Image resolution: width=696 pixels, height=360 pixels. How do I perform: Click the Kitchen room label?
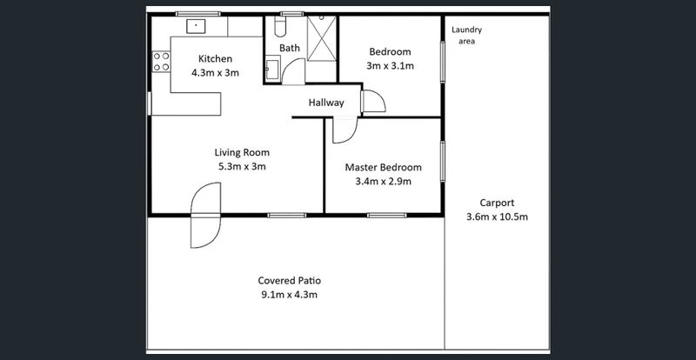(x=215, y=58)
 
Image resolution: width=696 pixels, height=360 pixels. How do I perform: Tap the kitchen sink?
(x=196, y=26)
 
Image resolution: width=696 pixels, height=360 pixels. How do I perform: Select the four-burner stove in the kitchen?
(x=161, y=62)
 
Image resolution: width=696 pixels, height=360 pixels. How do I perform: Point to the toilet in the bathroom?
(x=280, y=27)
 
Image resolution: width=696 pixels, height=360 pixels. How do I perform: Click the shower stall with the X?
(x=322, y=38)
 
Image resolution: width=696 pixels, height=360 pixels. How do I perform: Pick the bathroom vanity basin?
(x=272, y=69)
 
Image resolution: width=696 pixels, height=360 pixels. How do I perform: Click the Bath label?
(x=290, y=48)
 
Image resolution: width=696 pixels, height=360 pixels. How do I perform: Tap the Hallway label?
(x=326, y=103)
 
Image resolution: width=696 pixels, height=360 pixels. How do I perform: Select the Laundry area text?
(x=466, y=36)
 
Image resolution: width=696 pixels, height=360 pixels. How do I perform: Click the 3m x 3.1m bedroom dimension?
(x=390, y=66)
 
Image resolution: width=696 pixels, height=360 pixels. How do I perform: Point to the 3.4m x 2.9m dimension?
(x=384, y=182)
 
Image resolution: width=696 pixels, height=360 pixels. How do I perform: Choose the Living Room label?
(x=242, y=153)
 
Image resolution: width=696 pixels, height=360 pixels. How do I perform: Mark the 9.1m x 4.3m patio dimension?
(x=290, y=295)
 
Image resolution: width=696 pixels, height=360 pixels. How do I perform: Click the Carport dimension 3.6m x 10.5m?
(x=497, y=217)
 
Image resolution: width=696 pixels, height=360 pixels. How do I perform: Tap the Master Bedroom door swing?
(x=345, y=130)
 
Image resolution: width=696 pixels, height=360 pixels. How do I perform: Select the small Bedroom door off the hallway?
(x=373, y=101)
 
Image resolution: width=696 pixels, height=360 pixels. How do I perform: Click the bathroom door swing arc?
(x=293, y=71)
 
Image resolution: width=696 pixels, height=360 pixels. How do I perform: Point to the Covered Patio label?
(x=290, y=281)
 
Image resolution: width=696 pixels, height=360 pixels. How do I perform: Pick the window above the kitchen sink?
(x=198, y=14)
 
